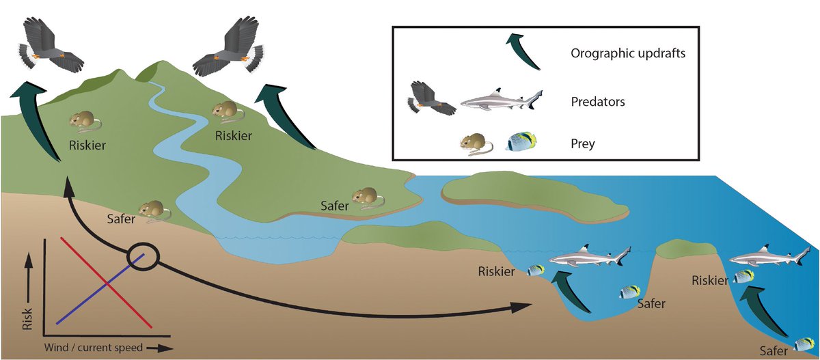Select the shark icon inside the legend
pos(501,102)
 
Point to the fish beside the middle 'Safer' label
pos(629,292)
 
